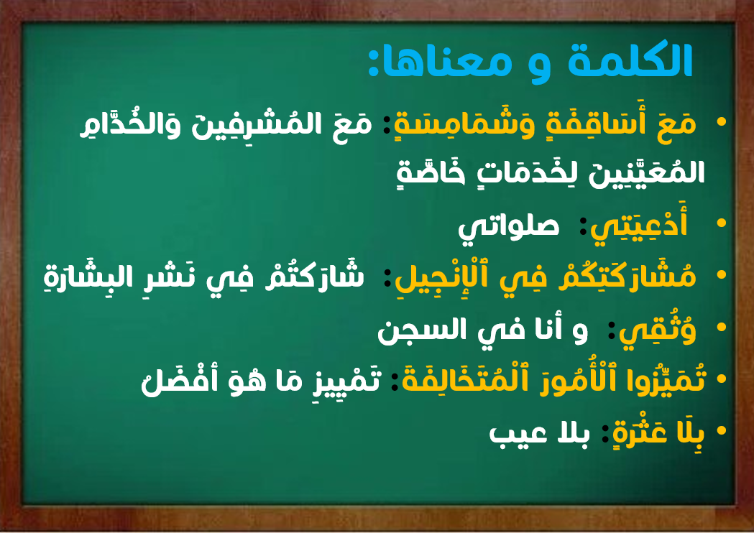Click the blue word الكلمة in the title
point(630,60)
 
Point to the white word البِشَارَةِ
point(79,277)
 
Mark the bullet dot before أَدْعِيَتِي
point(721,223)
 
